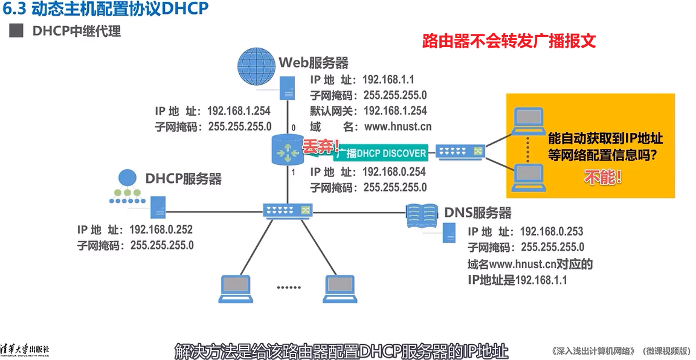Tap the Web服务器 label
[314, 63]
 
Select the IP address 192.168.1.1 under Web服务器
[388, 80]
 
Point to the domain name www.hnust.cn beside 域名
[397, 126]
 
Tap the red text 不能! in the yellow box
[602, 177]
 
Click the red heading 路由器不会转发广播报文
[509, 41]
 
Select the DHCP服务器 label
[183, 178]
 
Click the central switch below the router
[288, 210]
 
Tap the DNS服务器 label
[477, 213]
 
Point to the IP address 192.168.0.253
[551, 231]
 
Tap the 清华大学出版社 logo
[25, 349]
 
